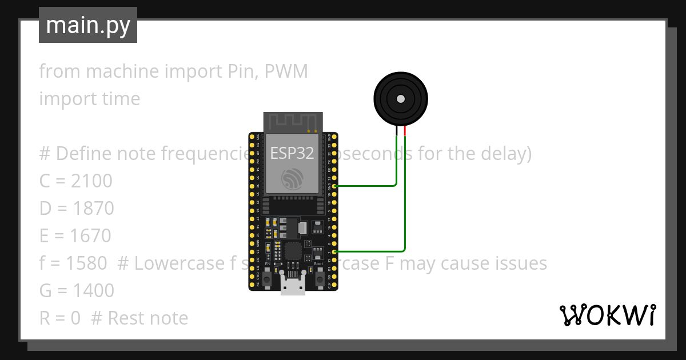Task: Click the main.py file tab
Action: tap(88, 25)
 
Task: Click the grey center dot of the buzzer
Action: tap(401, 99)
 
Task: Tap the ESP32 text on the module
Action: tap(292, 153)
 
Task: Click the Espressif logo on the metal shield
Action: tap(293, 180)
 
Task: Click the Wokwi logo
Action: tap(607, 315)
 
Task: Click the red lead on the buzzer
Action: tap(405, 131)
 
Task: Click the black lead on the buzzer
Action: tap(397, 131)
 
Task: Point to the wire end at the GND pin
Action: tap(334, 186)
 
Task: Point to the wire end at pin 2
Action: tap(334, 251)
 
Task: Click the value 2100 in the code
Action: tap(91, 181)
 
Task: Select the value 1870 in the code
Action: tap(93, 209)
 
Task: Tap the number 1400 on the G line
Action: tap(93, 291)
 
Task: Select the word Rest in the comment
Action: tap(123, 318)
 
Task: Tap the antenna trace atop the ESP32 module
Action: tap(293, 122)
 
